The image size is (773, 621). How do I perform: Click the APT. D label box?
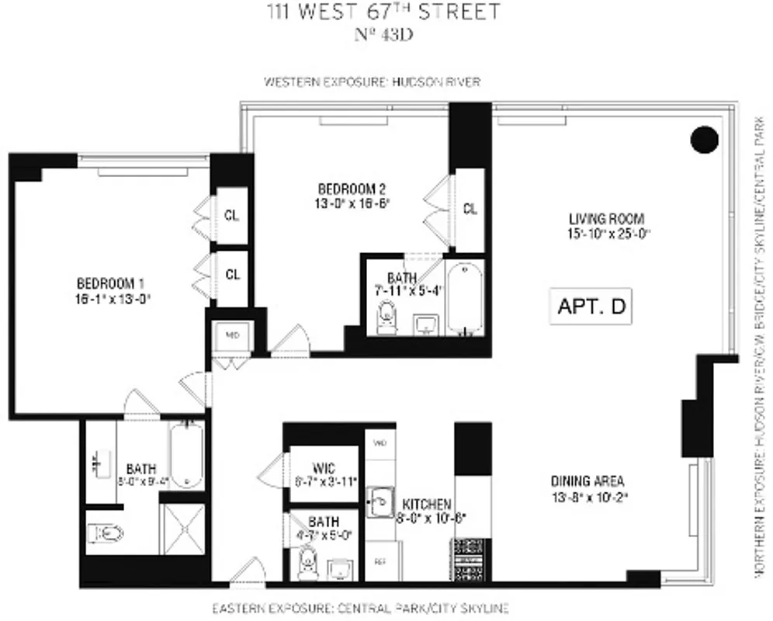591,306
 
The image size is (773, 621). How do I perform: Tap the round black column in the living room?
705,140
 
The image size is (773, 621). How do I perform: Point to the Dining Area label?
588,487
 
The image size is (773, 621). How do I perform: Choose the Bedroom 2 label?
352,195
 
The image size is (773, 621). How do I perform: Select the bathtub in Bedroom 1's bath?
185,456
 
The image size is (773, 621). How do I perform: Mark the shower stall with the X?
182,530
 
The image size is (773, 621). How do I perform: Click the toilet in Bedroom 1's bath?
106,534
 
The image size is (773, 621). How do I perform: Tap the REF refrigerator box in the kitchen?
380,560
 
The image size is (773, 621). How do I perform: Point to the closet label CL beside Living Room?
470,208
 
